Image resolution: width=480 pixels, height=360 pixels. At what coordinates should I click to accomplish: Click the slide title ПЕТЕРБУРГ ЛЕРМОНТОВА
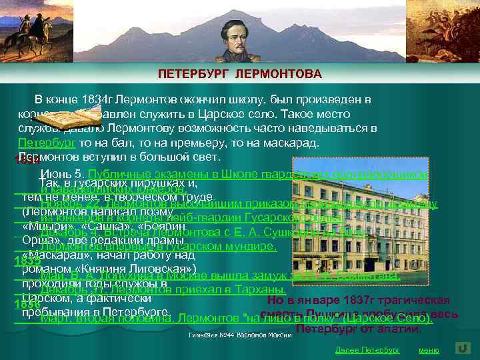(x=240, y=73)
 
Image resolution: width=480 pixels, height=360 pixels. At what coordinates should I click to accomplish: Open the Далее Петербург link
(x=367, y=349)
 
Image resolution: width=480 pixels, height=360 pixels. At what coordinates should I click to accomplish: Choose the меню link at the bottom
(x=429, y=349)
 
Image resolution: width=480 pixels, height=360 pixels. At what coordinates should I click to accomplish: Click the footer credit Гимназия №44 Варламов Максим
(x=241, y=335)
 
